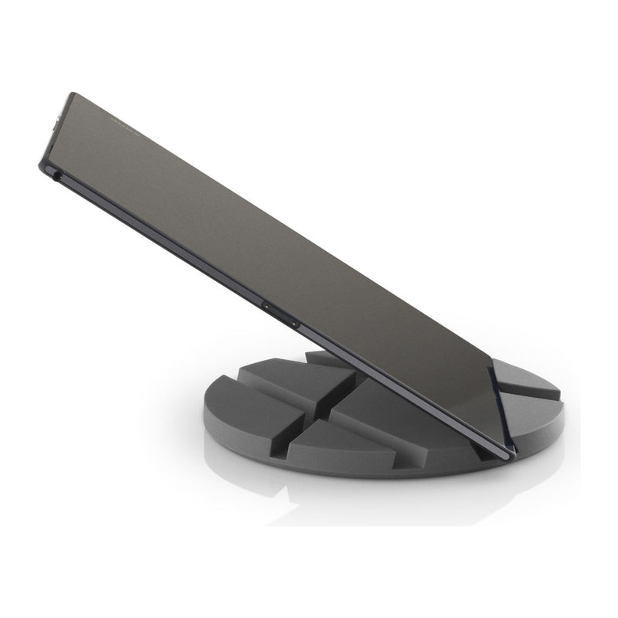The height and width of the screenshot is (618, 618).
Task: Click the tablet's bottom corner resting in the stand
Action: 507,454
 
